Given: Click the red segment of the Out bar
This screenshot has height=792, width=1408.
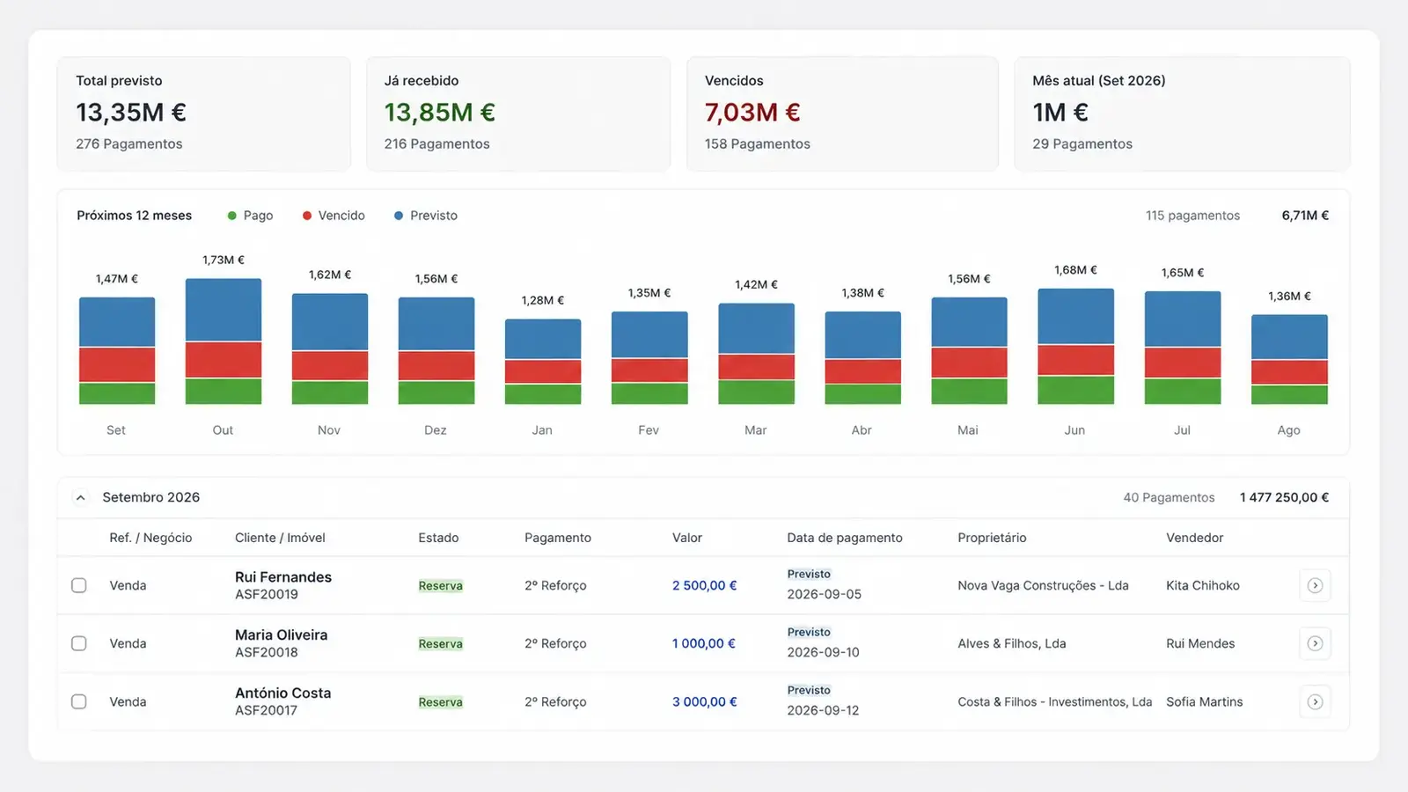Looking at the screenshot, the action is click(224, 360).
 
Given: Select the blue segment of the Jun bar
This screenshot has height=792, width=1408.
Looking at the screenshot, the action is click(1075, 316).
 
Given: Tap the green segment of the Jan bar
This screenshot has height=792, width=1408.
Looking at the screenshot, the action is click(543, 393).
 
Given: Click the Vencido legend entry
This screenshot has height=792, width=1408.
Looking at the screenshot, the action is click(334, 216).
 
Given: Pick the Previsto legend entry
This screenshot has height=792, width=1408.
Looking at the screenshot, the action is click(426, 216).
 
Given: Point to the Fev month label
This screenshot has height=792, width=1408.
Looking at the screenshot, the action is click(649, 430).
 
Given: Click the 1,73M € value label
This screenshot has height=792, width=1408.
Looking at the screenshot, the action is click(224, 260).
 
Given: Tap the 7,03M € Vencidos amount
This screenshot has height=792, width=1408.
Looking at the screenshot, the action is click(752, 113).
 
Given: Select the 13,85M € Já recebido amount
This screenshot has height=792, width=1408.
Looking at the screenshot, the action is click(440, 113).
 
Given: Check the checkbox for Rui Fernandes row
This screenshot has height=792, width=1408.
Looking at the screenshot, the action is click(78, 585).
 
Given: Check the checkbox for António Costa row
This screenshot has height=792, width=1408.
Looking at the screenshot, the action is click(78, 701).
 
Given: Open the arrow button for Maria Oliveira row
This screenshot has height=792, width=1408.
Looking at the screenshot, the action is click(1315, 643).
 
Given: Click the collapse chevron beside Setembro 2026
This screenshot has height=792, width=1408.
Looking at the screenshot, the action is click(80, 498).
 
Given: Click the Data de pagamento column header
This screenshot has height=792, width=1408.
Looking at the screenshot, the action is click(844, 538).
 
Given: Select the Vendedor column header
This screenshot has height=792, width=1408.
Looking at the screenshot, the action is click(1194, 538).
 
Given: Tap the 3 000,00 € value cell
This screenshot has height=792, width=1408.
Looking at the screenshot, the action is click(704, 701).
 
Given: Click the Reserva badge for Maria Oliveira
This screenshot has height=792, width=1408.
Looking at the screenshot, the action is click(441, 643).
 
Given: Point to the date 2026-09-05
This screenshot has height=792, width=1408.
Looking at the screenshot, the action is click(824, 594).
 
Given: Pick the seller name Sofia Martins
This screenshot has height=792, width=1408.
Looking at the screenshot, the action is click(1205, 701).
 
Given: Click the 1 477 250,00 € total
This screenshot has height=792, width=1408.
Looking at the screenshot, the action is click(1284, 497).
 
